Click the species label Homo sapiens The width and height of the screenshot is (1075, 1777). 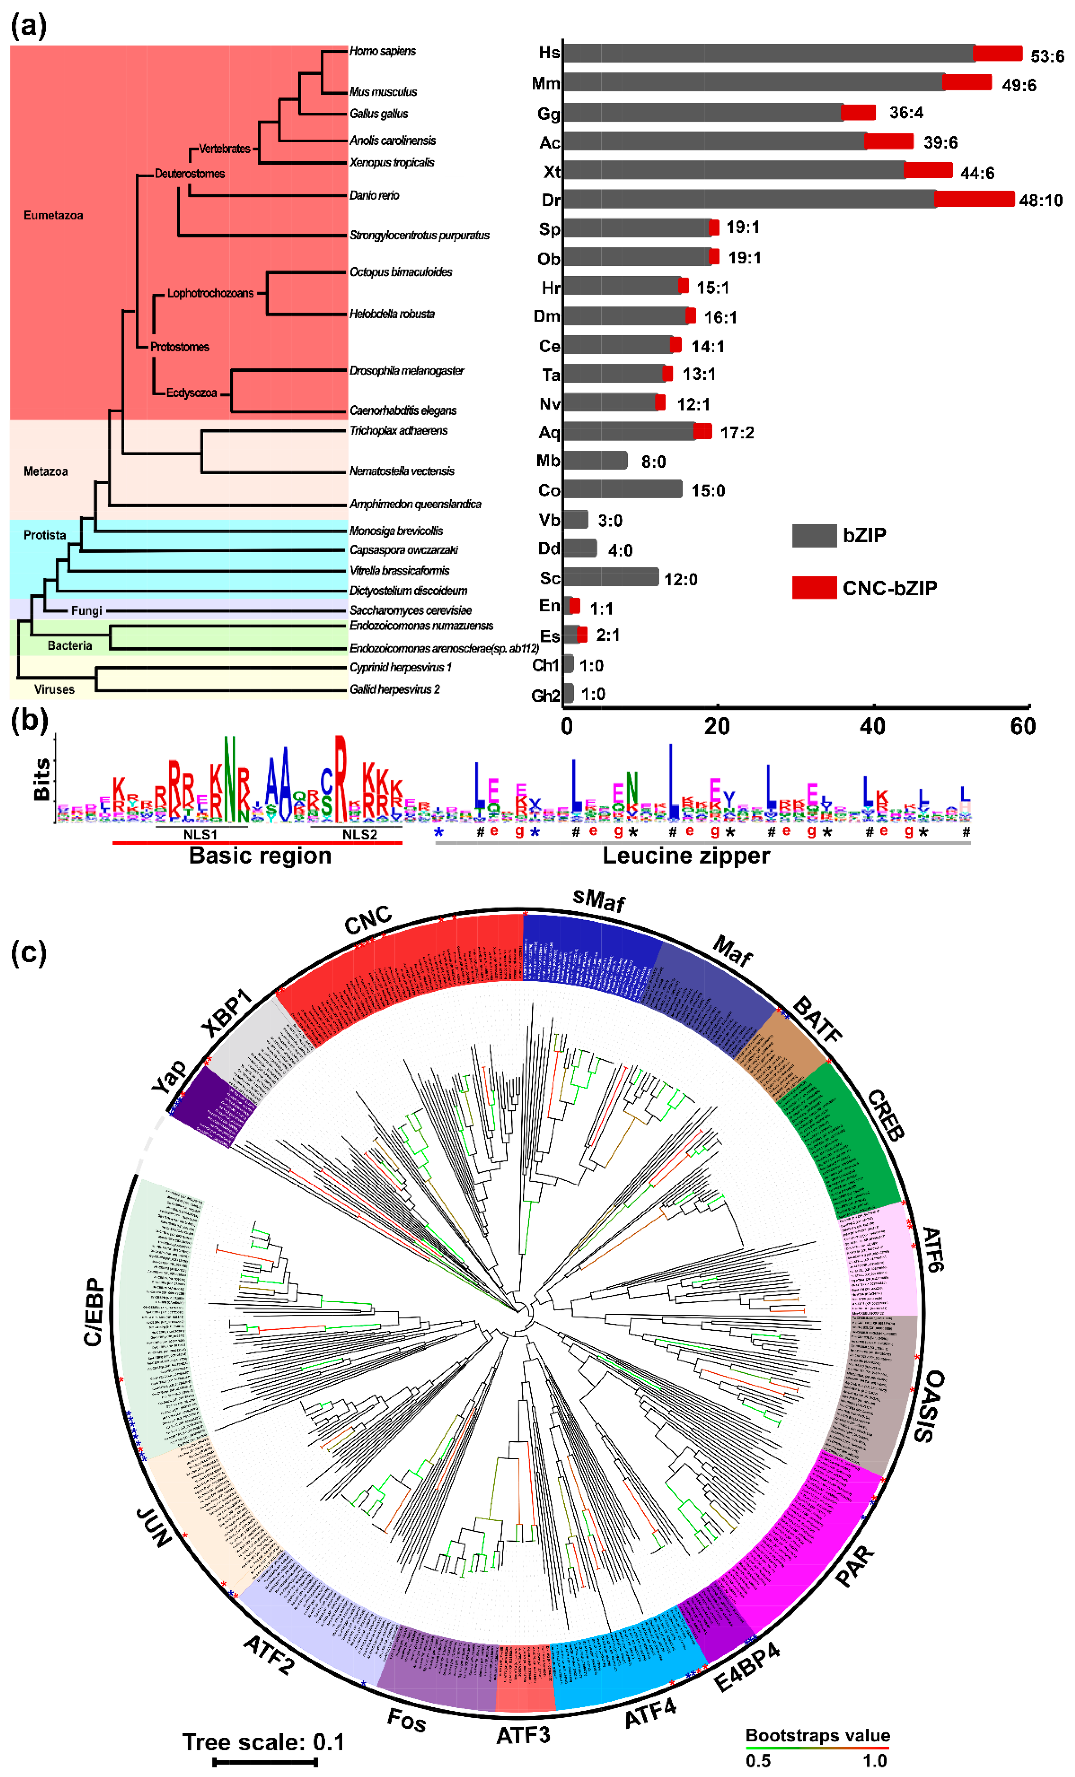tap(382, 51)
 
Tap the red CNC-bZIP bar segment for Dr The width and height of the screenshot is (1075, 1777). tap(974, 199)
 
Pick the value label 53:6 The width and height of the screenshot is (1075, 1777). tap(1047, 56)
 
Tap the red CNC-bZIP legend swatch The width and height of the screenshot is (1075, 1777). tap(814, 588)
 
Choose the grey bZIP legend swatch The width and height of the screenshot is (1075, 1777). tap(814, 535)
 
